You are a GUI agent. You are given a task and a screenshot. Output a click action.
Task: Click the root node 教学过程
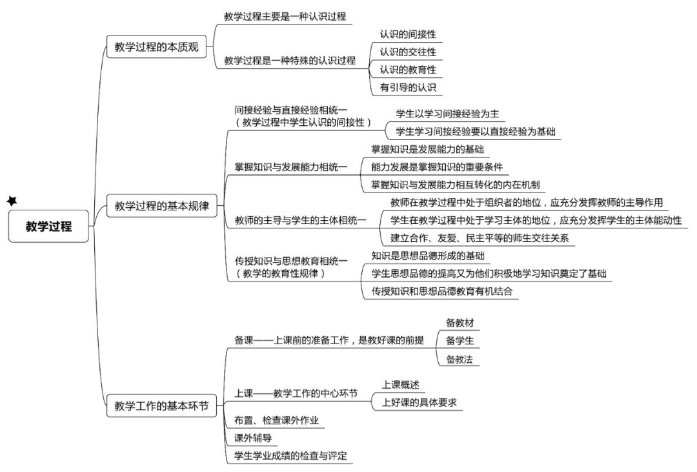[x=48, y=226]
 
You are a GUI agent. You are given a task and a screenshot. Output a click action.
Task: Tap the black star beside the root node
[x=12, y=201]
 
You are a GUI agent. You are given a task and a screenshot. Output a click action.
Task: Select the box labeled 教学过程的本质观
[x=156, y=46]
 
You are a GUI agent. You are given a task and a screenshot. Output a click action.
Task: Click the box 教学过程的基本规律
[x=162, y=205]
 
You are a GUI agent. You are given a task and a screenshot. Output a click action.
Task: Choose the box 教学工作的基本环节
[x=161, y=405]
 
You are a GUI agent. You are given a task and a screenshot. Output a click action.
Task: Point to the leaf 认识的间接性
[x=408, y=34]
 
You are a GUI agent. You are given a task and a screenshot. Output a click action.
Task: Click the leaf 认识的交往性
[x=408, y=52]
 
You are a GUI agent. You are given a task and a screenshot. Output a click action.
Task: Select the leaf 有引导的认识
[x=408, y=88]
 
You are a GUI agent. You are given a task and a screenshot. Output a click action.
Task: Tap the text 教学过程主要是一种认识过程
[x=285, y=16]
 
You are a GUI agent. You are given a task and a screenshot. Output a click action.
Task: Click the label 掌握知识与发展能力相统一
[x=290, y=167]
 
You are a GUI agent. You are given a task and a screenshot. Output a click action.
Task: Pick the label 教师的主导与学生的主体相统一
[x=301, y=220]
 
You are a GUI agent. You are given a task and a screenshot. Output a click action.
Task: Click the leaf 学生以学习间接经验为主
[x=447, y=114]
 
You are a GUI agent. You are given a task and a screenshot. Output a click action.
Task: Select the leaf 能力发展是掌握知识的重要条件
[x=437, y=167]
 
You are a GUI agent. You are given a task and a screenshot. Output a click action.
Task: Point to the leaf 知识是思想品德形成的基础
[x=428, y=256]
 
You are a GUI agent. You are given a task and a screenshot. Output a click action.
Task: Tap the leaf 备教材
[x=460, y=323]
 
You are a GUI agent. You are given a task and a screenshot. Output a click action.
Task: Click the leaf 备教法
[x=460, y=359]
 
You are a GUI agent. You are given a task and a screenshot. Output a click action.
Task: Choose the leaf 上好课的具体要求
[x=419, y=403]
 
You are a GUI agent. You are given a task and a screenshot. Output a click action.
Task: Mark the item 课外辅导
[x=253, y=438]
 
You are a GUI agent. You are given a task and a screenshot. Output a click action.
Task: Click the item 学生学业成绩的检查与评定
[x=290, y=456]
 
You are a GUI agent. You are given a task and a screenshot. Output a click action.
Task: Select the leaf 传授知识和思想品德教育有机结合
[x=442, y=291]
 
